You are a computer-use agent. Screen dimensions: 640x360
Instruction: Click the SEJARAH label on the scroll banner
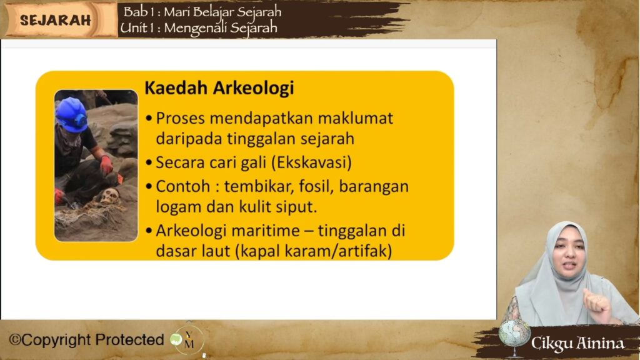[56, 20]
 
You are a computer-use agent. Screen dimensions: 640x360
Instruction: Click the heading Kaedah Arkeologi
[219, 87]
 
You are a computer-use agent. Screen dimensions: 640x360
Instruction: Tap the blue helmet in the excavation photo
[72, 115]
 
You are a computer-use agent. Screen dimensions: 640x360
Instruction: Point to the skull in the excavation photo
[109, 197]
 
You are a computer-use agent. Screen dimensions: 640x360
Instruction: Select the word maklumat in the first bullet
[355, 118]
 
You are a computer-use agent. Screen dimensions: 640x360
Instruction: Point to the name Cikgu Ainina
[577, 343]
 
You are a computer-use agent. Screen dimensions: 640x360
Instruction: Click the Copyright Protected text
[86, 339]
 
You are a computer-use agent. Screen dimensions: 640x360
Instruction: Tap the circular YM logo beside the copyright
[187, 339]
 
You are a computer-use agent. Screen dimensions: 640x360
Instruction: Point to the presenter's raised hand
[597, 304]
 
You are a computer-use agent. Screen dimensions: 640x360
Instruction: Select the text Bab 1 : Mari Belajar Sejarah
[202, 12]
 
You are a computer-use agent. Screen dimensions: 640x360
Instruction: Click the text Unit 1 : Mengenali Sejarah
[199, 27]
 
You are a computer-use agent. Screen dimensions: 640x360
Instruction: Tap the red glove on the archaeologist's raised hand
[106, 165]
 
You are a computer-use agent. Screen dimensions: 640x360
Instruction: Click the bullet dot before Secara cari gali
[149, 163]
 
